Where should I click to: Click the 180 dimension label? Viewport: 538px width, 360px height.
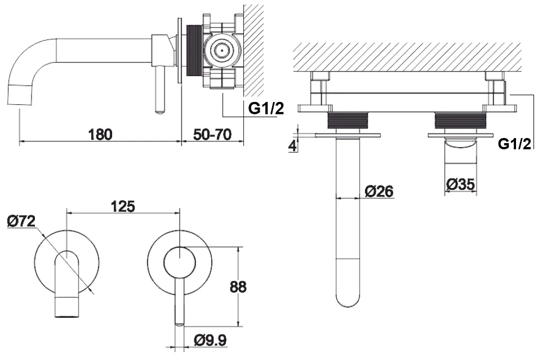pos(100,134)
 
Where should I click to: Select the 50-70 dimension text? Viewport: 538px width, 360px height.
pos(212,134)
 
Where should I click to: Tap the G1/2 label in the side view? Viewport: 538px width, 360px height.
pos(266,109)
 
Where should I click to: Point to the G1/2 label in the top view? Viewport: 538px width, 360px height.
pos(515,144)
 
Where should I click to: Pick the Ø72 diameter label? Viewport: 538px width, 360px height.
pos(21,221)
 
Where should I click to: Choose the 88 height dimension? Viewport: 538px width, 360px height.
pos(238,287)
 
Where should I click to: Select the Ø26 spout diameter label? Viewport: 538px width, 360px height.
pos(379,191)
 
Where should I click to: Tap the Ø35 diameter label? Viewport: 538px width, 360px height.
pos(461,184)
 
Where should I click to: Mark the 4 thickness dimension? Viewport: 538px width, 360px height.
pos(292,146)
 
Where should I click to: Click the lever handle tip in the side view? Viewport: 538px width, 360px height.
pos(160,111)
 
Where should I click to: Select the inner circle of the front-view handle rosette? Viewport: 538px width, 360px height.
pos(180,263)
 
